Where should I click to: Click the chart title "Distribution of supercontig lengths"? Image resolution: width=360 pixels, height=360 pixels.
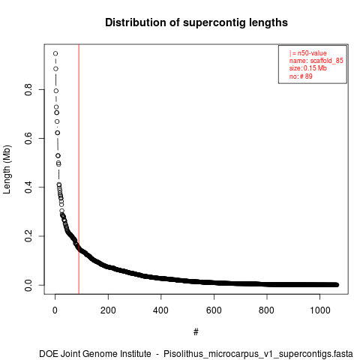(196, 22)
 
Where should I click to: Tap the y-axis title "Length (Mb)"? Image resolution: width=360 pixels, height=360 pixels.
(7, 169)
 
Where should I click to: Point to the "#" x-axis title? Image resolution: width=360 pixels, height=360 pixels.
(196, 332)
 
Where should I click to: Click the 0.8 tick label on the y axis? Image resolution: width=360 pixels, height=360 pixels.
(28, 89)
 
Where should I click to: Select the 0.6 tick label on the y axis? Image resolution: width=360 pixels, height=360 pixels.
(28, 138)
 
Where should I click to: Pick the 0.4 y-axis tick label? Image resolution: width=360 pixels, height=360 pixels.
(28, 187)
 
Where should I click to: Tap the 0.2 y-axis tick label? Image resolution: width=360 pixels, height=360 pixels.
(28, 236)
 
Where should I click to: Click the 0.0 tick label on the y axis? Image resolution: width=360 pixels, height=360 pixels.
(28, 285)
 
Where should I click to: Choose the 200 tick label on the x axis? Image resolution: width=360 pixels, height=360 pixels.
(108, 310)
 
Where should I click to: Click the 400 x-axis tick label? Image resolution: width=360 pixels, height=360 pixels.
(161, 310)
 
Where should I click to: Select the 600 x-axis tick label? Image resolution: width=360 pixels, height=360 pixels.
(214, 310)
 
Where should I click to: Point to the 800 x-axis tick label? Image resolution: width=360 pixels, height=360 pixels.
(267, 310)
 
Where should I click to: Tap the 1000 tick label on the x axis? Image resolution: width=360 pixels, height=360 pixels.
(320, 310)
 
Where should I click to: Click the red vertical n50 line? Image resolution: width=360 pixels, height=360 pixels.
(79, 169)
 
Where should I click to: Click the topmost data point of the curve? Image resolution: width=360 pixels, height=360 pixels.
(55, 53)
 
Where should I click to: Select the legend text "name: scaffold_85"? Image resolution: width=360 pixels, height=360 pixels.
(316, 61)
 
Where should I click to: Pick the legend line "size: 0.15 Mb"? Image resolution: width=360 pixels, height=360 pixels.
(308, 68)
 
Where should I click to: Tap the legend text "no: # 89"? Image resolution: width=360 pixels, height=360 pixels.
(301, 76)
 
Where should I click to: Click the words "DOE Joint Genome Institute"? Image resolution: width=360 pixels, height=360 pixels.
(95, 354)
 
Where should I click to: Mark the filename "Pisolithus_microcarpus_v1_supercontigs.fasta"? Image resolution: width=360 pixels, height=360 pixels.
(258, 354)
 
